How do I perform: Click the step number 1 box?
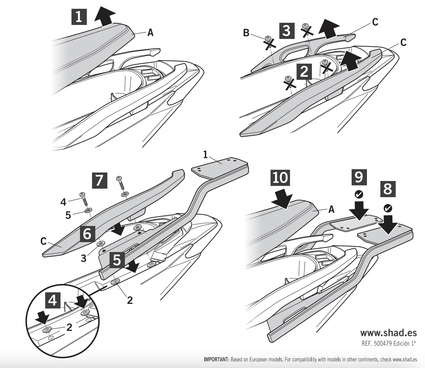[79, 17]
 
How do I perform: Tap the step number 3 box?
[287, 30]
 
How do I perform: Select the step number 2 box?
[304, 72]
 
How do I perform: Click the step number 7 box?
[99, 180]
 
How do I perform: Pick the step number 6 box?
[88, 234]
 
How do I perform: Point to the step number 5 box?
[117, 259]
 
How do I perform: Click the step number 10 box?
[280, 177]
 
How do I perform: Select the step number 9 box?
[359, 177]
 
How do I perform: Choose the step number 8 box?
[388, 189]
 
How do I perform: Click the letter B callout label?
[246, 33]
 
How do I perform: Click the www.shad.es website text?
[388, 333]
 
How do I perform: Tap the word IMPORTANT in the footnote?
[216, 359]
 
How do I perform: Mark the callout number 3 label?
[84, 258]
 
